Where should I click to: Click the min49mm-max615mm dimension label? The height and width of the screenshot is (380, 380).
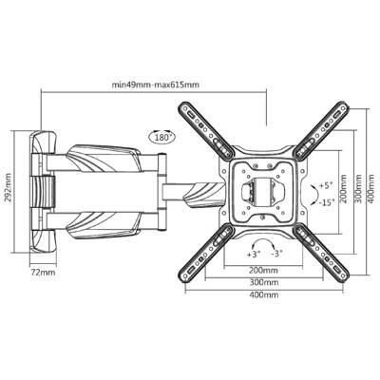(156, 85)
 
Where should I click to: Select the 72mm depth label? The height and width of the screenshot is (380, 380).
(43, 272)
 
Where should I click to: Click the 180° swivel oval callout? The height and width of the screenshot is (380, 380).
(161, 137)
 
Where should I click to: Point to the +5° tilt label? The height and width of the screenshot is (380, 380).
(325, 185)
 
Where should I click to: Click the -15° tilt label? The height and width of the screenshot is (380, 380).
(326, 202)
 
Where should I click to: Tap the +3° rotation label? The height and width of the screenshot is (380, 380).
(254, 254)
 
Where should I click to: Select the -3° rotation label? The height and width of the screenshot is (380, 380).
(276, 254)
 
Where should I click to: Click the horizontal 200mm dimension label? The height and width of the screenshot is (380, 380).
(264, 271)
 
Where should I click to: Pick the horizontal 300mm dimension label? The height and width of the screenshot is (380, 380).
(264, 282)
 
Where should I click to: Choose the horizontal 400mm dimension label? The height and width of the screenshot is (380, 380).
(264, 294)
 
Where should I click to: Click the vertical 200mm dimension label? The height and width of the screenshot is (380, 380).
(344, 189)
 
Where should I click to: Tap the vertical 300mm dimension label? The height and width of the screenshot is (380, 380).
(358, 189)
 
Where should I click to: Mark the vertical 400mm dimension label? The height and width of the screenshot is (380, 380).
(372, 189)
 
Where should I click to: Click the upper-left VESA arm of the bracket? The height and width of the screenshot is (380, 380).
(206, 129)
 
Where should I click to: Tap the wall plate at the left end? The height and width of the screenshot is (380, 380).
(43, 192)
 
